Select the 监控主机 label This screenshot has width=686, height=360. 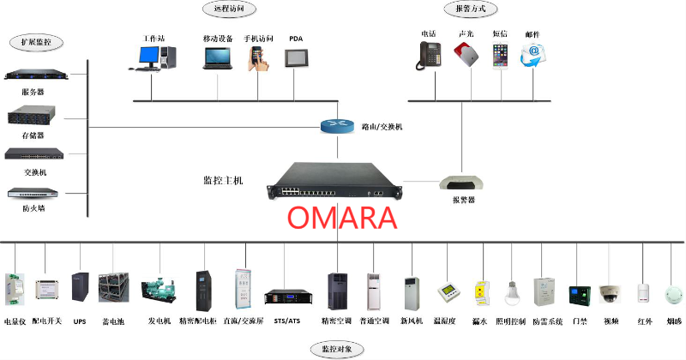[x=224, y=181]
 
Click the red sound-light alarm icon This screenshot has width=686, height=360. [x=466, y=54]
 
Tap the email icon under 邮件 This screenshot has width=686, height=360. [x=533, y=54]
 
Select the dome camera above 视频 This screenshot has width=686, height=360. [x=610, y=293]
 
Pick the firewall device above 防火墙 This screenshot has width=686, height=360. [x=31, y=194]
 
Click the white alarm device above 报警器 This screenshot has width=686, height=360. [x=463, y=182]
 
